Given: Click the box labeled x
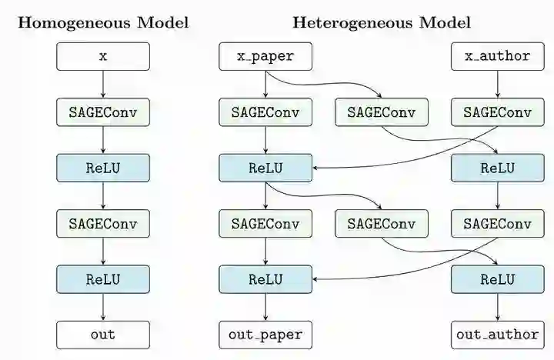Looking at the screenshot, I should (103, 56).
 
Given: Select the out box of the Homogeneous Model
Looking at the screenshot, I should (103, 334).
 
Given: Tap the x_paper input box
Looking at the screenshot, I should (265, 56).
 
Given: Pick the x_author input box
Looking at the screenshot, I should (497, 56).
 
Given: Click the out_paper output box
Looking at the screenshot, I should (265, 334).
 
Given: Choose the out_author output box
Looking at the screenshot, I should (497, 334).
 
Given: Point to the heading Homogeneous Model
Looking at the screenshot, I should (103, 22).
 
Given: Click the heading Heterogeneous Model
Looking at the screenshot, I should (382, 22).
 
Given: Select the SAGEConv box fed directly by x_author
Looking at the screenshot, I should (497, 112).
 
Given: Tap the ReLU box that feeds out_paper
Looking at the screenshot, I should (265, 278).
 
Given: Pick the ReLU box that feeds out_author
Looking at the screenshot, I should (497, 278).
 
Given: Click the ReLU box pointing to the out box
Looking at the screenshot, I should (103, 278).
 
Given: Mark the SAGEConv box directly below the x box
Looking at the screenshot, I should (103, 112).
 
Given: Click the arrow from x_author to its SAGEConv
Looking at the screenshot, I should (497, 84).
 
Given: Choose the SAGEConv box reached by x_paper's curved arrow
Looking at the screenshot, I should (381, 112).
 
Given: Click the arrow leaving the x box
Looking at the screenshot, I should (103, 84).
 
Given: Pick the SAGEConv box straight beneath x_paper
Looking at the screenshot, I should (265, 112).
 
